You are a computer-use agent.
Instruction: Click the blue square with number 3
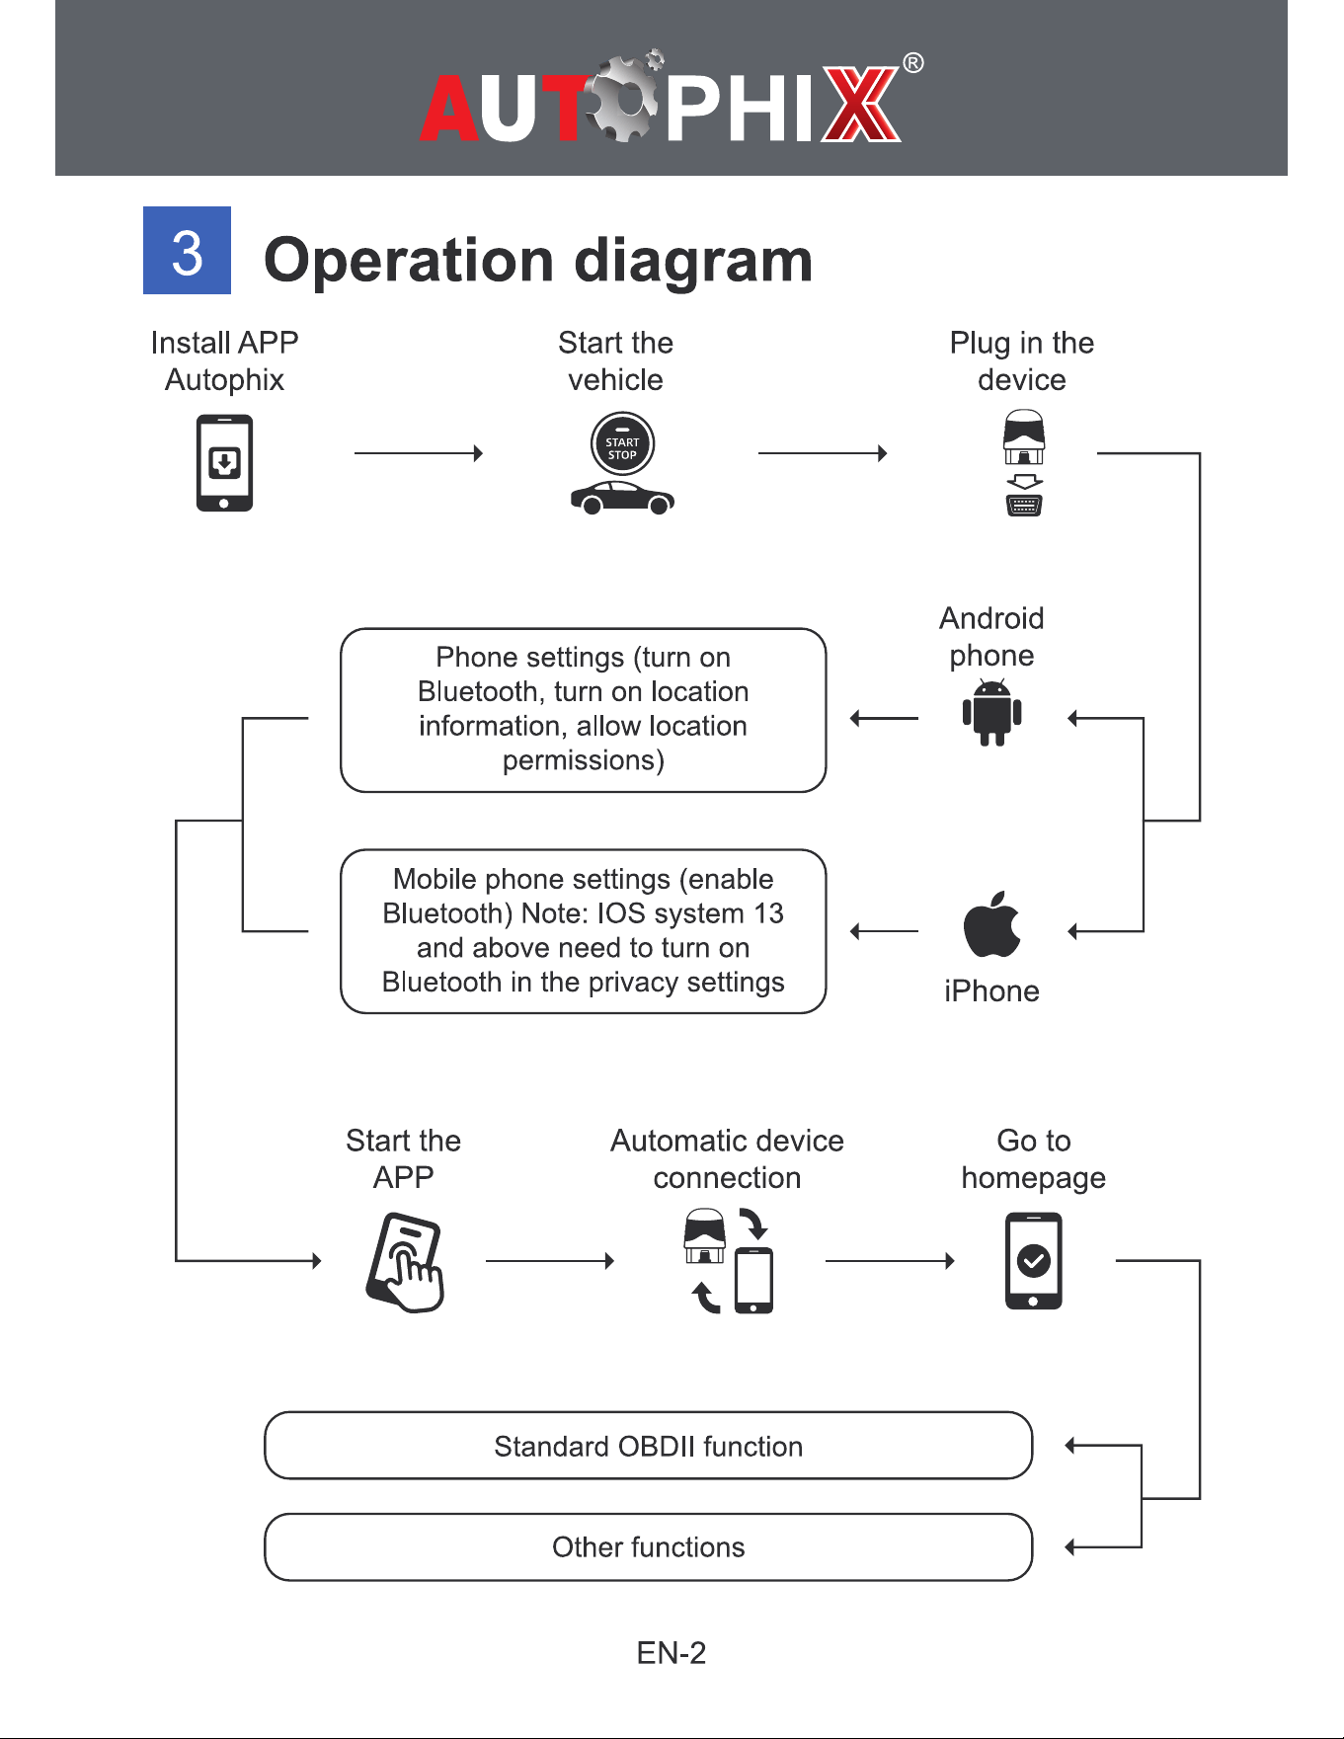coord(187,250)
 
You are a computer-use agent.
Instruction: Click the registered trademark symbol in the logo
coord(913,64)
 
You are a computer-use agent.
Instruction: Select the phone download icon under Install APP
coord(224,462)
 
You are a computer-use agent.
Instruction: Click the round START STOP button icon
coord(622,444)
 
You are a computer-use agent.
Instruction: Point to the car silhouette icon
coord(622,498)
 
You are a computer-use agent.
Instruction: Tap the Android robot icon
coord(991,712)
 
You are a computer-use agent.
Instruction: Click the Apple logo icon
coord(991,924)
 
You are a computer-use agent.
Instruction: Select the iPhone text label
coord(991,990)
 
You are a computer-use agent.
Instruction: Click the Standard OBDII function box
coord(649,1446)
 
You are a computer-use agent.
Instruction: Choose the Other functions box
coord(649,1547)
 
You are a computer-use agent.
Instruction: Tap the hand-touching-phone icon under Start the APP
coord(405,1263)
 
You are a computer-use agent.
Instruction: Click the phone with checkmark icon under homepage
coord(1033,1261)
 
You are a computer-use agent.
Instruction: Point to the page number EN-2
coord(672,1653)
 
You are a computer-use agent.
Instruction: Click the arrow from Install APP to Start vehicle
coord(419,453)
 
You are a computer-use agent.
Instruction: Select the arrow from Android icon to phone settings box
coord(885,718)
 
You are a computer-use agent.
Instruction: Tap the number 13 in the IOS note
coord(768,913)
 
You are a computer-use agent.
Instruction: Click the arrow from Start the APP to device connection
coord(551,1261)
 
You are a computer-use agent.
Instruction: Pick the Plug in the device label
coord(1022,361)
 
